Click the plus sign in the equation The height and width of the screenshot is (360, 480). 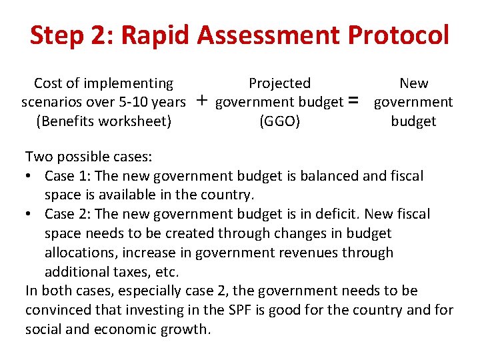point(201,101)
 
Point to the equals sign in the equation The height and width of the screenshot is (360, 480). point(354,101)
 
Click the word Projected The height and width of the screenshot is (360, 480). point(279,83)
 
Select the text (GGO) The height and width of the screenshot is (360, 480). point(279,121)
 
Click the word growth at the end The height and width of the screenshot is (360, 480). point(185,329)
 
